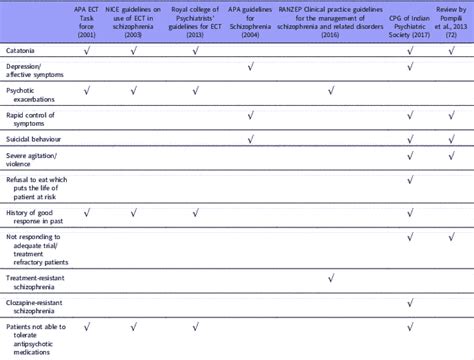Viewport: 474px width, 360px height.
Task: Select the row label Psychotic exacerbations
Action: (x=29, y=94)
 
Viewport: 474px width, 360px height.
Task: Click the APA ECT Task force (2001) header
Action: (x=89, y=17)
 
